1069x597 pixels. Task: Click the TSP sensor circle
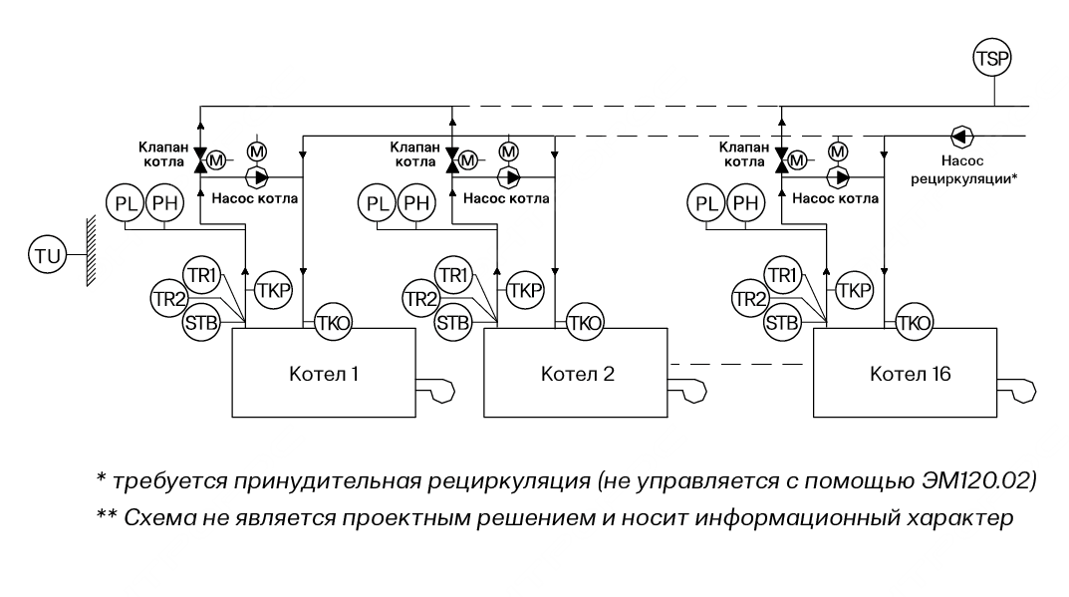click(x=991, y=59)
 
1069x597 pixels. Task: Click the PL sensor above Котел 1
click(x=128, y=204)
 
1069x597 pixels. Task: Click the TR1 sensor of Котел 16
click(x=781, y=274)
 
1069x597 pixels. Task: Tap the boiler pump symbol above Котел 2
click(x=513, y=177)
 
